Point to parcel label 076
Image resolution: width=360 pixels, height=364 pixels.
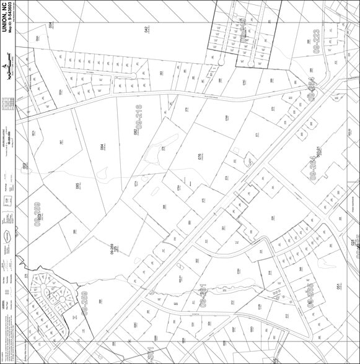[200, 157]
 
